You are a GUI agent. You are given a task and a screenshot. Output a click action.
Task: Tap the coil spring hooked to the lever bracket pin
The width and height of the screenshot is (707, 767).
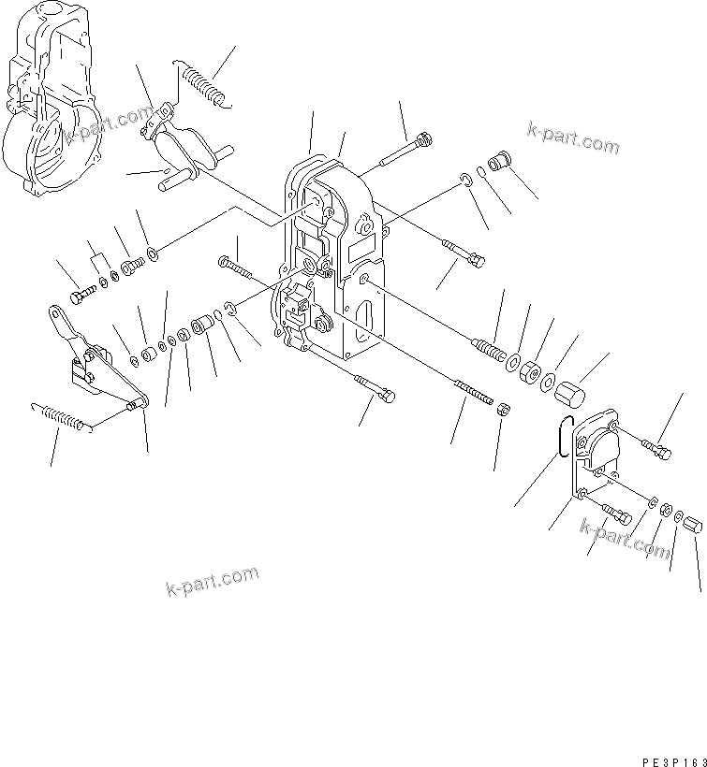click(x=62, y=415)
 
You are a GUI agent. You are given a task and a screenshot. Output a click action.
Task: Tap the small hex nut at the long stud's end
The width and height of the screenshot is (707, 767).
click(x=502, y=409)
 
